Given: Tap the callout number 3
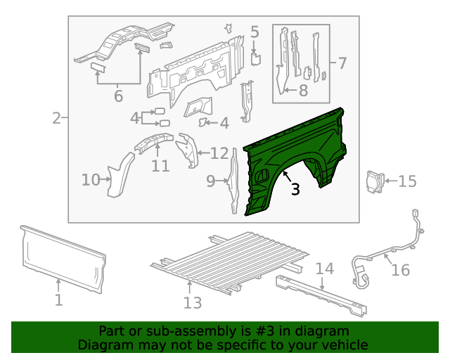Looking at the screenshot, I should [x=295, y=188].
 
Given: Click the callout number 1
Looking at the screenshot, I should [x=59, y=300].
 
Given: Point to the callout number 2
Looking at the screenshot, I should [x=56, y=118].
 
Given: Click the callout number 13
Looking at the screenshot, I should [x=193, y=302].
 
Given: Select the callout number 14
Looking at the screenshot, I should [x=323, y=269].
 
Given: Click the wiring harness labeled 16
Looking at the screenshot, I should [x=380, y=253].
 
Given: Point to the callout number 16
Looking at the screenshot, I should [x=400, y=270].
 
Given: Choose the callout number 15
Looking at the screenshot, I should [x=407, y=182].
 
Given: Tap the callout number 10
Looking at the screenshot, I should [x=91, y=180].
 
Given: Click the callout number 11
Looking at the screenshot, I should [x=160, y=166].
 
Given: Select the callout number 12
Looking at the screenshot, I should [x=219, y=153].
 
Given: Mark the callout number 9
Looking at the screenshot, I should [x=211, y=182].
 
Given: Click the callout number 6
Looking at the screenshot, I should [x=118, y=96].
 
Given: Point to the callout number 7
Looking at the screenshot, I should [x=342, y=64].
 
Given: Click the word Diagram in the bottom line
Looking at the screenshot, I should [x=105, y=345].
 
